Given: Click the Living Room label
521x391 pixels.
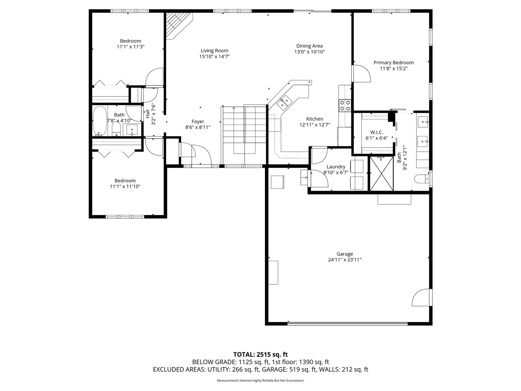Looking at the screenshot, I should (214, 51).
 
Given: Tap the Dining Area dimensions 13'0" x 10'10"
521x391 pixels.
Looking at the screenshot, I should (309, 52).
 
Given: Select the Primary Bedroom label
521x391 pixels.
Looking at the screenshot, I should (394, 63).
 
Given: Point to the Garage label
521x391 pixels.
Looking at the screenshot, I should (345, 254).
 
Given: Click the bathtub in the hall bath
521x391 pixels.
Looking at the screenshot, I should (99, 121).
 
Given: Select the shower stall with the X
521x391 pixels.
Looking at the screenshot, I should (382, 174).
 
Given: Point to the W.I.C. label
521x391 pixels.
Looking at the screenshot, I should (377, 133).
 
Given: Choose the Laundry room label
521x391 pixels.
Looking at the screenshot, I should (336, 167).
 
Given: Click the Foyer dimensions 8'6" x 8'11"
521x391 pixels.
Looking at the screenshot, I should (198, 127).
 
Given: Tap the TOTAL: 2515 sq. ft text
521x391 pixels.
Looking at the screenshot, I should (260, 354).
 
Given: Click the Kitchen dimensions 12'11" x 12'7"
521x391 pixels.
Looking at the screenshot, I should (315, 125).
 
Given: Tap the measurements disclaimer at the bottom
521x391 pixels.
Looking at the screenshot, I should (260, 380).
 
